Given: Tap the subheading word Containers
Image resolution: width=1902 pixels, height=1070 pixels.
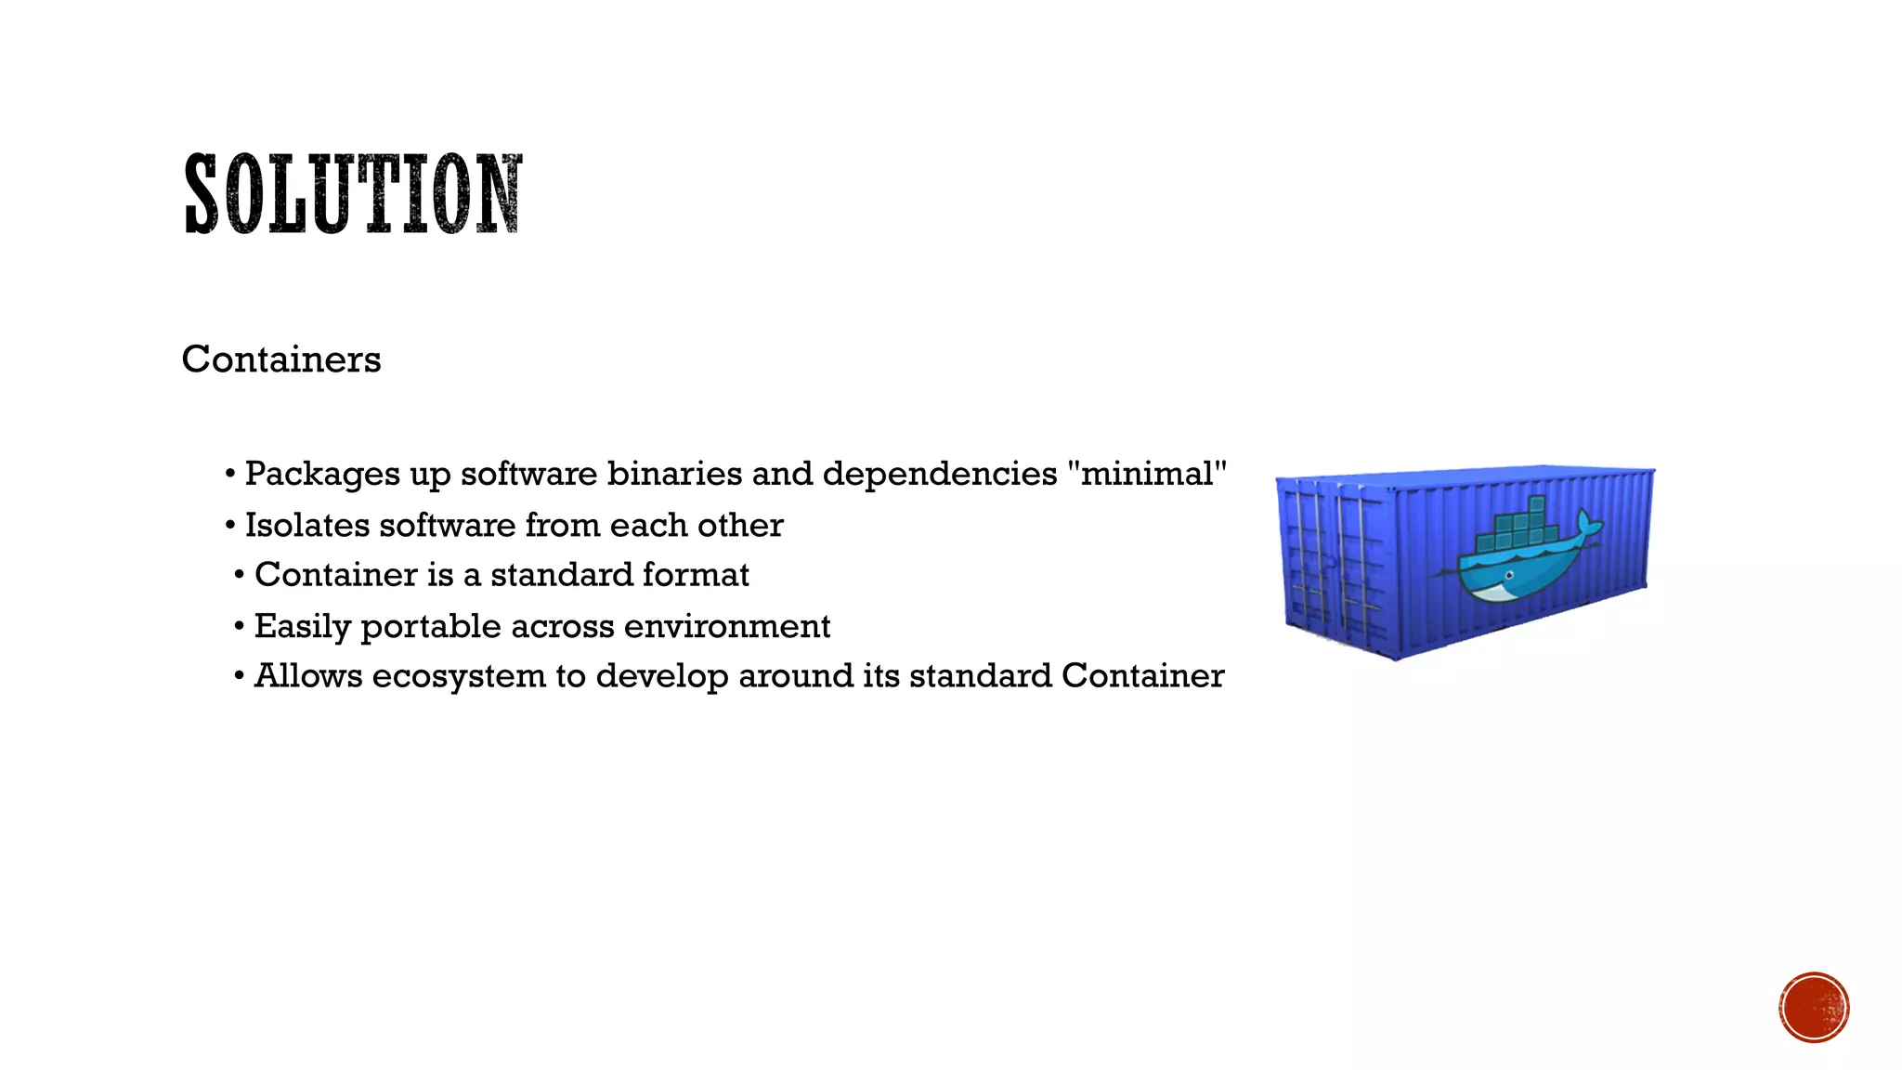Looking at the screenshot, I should [x=281, y=359].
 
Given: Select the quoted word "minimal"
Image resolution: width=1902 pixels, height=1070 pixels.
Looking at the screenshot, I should [x=1147, y=474].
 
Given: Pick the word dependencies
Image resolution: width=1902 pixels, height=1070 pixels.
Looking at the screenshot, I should [x=939, y=475].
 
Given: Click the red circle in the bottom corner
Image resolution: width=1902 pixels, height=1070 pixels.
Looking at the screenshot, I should [x=1814, y=1008].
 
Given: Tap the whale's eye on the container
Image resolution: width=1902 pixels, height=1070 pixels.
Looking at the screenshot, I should [x=1509, y=576].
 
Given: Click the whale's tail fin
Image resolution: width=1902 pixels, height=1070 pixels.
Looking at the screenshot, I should [x=1589, y=526].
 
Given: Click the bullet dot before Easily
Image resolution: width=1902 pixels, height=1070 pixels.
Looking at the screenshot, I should [x=240, y=627].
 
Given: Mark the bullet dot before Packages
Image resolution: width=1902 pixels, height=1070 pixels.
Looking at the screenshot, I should [x=229, y=475].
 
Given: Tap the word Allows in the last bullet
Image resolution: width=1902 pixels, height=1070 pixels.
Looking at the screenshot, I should [x=308, y=676].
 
